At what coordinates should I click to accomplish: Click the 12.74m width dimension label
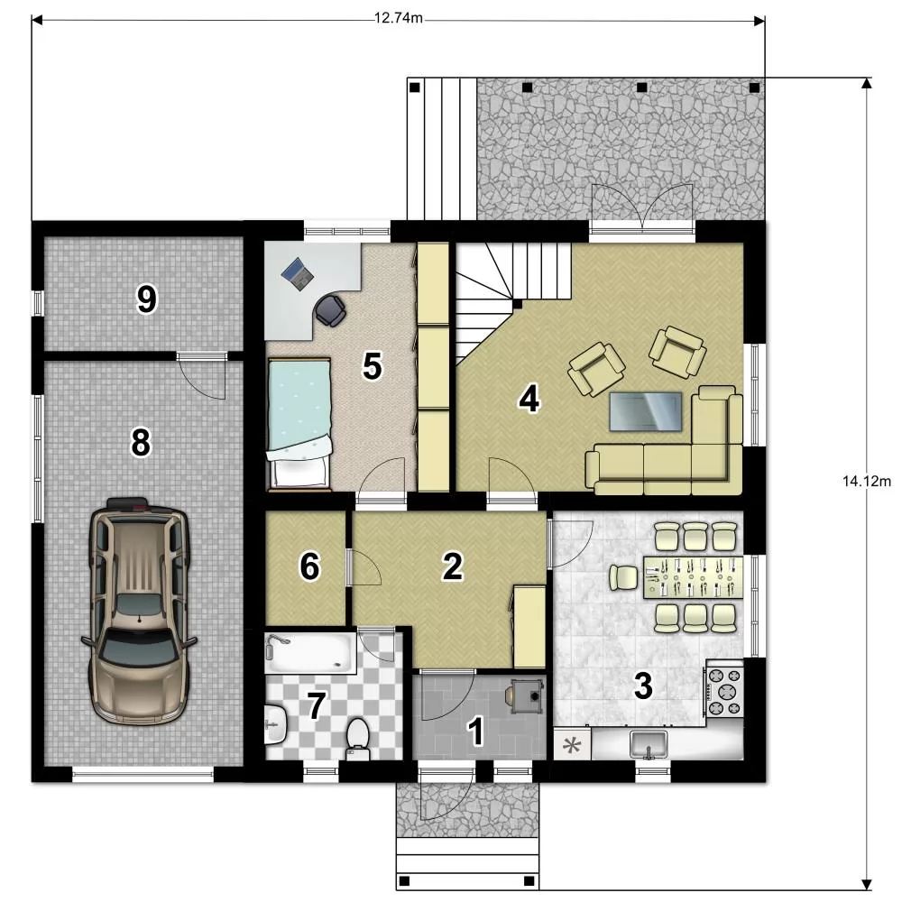click(399, 18)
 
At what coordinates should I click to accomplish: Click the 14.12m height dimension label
click(867, 481)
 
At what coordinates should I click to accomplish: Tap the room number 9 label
click(146, 299)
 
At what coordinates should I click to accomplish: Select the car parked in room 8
click(139, 611)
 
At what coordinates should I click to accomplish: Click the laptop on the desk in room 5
click(298, 272)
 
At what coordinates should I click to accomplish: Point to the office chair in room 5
click(330, 310)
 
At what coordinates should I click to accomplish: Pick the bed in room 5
click(299, 425)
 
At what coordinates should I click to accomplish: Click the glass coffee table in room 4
click(646, 411)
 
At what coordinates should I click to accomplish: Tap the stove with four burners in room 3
click(725, 691)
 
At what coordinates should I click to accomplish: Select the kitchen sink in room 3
click(649, 744)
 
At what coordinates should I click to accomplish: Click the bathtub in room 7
click(310, 652)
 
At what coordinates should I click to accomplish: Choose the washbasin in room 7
click(276, 723)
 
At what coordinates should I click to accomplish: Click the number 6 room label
click(309, 566)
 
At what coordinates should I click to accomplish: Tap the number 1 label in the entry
click(475, 732)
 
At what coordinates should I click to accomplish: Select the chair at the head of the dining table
click(623, 577)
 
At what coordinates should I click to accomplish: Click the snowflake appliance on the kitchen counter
click(572, 746)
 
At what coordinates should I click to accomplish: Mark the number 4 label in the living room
click(529, 399)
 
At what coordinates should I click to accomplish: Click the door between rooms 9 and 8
click(201, 377)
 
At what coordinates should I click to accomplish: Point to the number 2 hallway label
click(452, 566)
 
